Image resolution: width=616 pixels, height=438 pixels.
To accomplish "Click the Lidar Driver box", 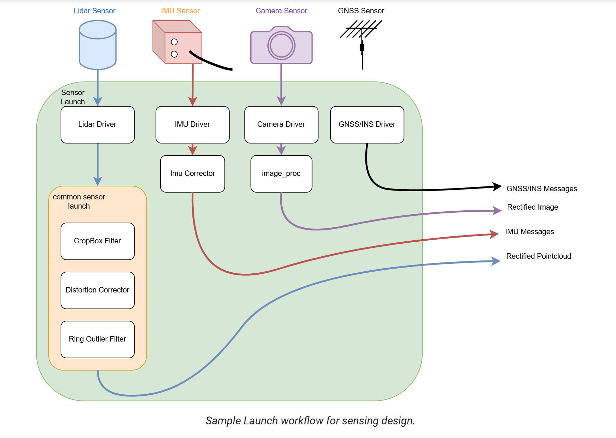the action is pos(98,125).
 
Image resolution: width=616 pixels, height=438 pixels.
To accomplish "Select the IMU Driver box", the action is pos(192,125).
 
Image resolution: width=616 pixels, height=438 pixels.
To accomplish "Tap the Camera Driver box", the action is pos(281,125).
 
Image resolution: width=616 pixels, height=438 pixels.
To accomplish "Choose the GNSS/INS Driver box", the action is pos(367,125).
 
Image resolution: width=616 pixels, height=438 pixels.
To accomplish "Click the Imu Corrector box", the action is pos(192,174).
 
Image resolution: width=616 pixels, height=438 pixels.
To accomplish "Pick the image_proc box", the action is pos(281,174).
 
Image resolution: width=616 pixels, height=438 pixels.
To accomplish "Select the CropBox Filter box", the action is pos(98,241).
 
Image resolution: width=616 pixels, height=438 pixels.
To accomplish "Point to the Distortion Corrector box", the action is pos(98,290).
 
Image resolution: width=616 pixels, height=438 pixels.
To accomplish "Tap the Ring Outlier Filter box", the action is pos(98,339).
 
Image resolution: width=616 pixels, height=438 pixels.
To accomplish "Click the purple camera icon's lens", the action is pos(281,46).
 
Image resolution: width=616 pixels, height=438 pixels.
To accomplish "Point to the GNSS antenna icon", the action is pos(362,44).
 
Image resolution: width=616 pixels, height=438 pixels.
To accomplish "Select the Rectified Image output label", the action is pos(533,207).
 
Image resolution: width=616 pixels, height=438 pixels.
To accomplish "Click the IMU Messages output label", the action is pos(530,231).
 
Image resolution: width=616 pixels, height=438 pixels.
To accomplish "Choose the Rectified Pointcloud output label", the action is pos(539,256).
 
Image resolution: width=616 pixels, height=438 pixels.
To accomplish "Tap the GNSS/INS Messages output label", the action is pos(542,188).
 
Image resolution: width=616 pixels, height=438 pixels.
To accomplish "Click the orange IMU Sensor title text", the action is pos(180,11).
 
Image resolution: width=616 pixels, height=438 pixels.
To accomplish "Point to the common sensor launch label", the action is pos(79,201).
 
